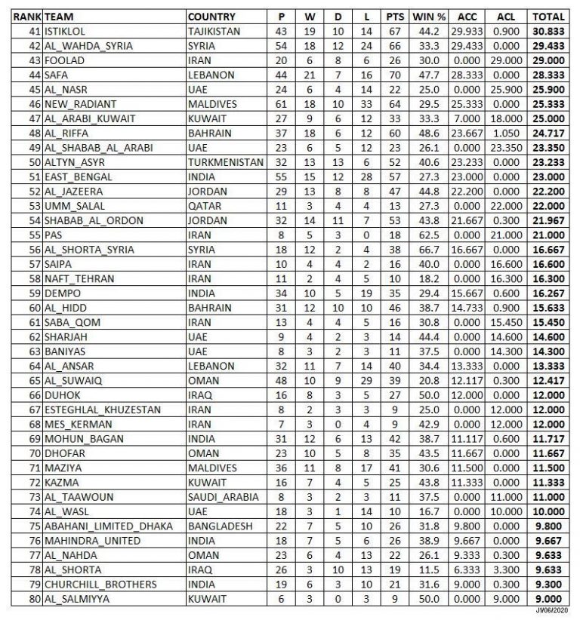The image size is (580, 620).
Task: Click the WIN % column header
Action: (x=429, y=17)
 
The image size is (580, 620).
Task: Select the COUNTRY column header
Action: (x=211, y=17)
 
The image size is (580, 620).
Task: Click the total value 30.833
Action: (x=549, y=31)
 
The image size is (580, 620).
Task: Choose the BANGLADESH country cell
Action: (x=221, y=526)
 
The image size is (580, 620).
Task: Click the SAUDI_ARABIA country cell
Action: (x=224, y=496)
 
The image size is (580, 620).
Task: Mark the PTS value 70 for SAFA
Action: (x=393, y=75)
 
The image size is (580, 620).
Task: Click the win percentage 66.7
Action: (x=429, y=250)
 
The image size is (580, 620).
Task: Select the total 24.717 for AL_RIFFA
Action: (x=549, y=134)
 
